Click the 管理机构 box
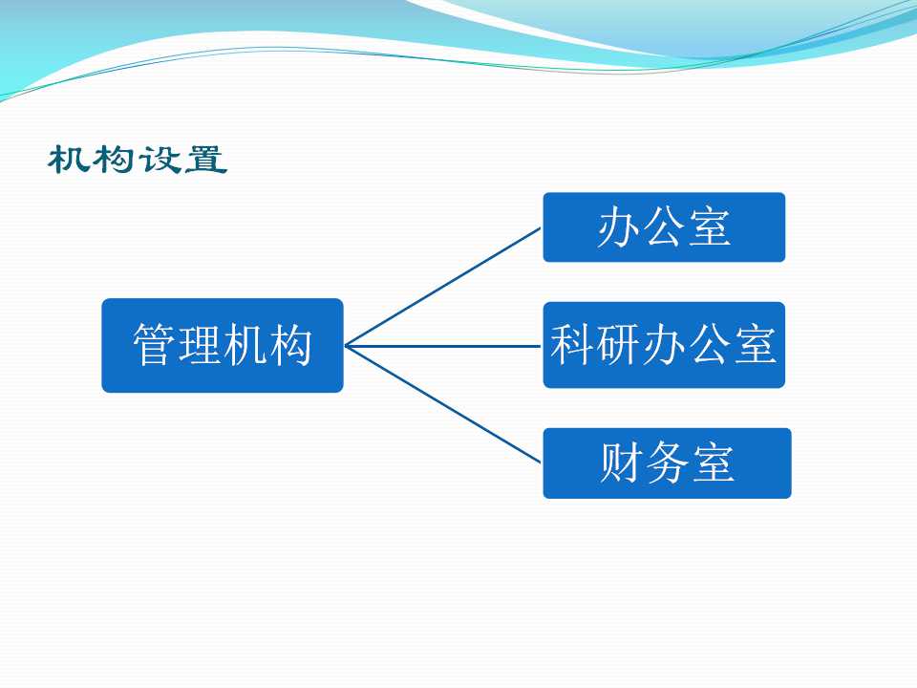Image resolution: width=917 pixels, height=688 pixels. point(223,345)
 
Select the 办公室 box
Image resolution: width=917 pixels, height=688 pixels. point(664,227)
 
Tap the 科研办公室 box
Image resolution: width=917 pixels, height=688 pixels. point(664,345)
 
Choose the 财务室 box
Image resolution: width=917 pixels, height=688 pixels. point(668,462)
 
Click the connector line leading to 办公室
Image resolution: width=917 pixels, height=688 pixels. point(442,287)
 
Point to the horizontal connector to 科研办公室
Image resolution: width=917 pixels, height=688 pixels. point(442,346)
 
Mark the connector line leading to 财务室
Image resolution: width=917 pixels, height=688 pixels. point(442,404)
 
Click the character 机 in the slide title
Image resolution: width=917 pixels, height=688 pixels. point(69,160)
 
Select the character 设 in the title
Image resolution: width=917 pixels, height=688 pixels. point(160,160)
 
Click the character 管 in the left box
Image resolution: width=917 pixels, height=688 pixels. point(153,345)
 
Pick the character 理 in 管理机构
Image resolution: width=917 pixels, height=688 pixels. point(199,345)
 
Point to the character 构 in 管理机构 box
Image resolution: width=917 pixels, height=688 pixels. point(290,345)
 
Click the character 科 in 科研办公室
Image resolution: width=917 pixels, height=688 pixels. point(572,344)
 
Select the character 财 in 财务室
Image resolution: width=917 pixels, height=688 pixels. point(621,462)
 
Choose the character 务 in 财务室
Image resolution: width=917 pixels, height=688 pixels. point(668,462)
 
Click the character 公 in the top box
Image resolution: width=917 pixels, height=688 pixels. point(664,227)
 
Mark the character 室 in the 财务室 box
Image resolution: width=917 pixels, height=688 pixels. point(713,462)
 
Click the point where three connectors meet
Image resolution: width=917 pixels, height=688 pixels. point(346,346)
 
